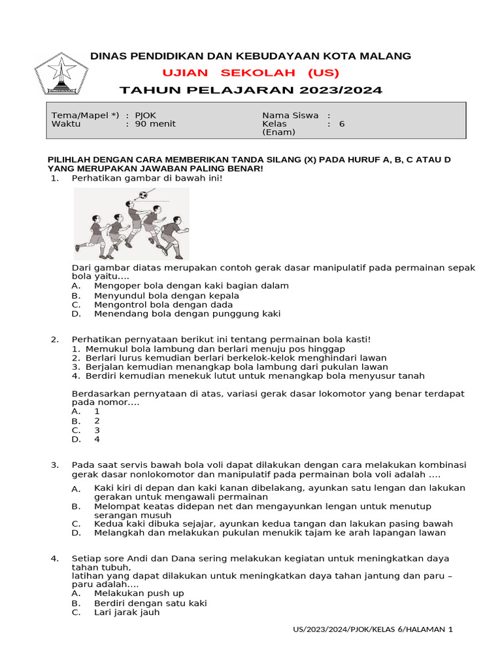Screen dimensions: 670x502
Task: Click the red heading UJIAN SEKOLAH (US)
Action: tap(250, 73)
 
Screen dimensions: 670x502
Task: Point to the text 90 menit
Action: tap(155, 124)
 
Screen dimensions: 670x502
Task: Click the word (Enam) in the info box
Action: tap(279, 132)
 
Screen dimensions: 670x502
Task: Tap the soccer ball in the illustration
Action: tap(143, 194)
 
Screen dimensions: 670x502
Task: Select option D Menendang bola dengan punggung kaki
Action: tap(187, 313)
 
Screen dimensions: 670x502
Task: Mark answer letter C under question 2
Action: tap(76, 431)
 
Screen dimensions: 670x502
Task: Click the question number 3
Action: tap(55, 465)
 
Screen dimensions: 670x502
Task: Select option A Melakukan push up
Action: tap(139, 593)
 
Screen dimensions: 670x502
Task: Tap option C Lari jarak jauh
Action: tap(126, 612)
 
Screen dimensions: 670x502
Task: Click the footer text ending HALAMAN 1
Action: tap(373, 629)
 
